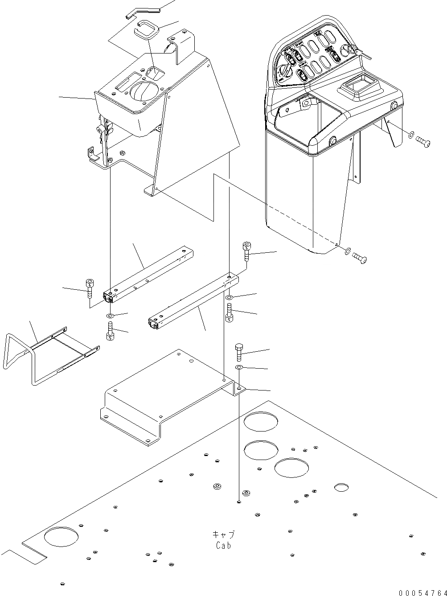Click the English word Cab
[223, 545]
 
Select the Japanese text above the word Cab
[223, 534]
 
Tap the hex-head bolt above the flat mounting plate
[238, 352]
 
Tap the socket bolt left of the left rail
[90, 288]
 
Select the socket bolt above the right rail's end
[248, 251]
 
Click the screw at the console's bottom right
[360, 257]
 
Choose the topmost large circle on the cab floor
[261, 422]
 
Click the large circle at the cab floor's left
[62, 536]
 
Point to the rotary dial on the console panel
[285, 71]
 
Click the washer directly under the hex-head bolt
[239, 367]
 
